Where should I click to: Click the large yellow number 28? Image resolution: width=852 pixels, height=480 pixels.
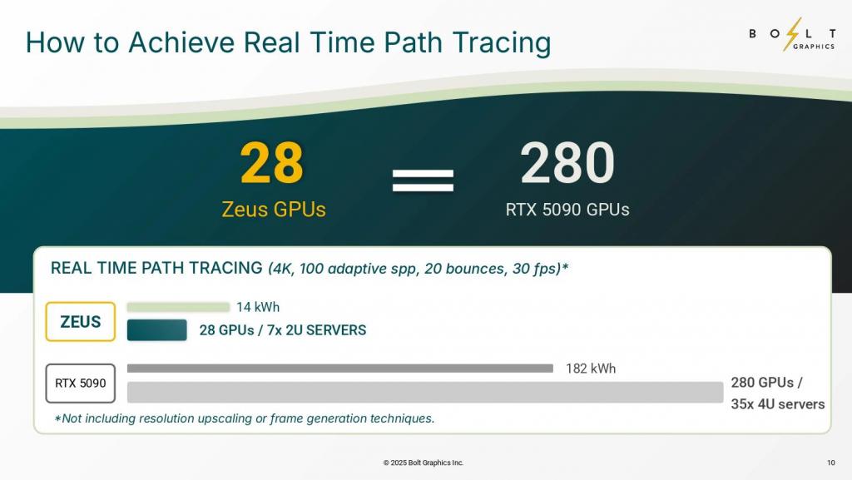272,162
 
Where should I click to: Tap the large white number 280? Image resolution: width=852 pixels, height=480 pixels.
567,162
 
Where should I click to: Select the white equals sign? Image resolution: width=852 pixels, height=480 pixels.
423,181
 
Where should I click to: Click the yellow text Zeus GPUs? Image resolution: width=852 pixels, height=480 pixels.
273,209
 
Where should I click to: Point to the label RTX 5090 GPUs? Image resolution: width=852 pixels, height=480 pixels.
567,209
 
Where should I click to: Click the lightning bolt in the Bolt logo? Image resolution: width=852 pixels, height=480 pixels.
792,34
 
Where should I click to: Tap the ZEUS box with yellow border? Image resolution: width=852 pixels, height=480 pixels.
81,321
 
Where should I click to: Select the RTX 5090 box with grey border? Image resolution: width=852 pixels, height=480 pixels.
81,384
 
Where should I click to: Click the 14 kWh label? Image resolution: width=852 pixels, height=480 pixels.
258,307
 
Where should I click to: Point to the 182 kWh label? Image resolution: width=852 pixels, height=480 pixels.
591,369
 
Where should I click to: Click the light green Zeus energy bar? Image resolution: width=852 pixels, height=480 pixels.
178,307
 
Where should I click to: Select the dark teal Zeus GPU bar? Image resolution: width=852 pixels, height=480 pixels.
157,330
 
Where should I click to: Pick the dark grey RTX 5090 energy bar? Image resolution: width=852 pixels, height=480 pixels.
340,369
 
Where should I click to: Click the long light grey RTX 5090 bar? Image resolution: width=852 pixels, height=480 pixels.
425,392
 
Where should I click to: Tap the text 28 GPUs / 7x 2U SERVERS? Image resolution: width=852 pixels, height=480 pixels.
283,330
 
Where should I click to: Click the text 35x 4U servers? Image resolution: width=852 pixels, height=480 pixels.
778,404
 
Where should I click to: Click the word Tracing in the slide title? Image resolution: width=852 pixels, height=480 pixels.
502,43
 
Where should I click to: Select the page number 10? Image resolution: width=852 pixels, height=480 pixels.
831,463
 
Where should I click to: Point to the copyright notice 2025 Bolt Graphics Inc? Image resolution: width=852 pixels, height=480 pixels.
424,463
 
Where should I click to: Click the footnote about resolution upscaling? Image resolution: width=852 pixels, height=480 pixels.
245,418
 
